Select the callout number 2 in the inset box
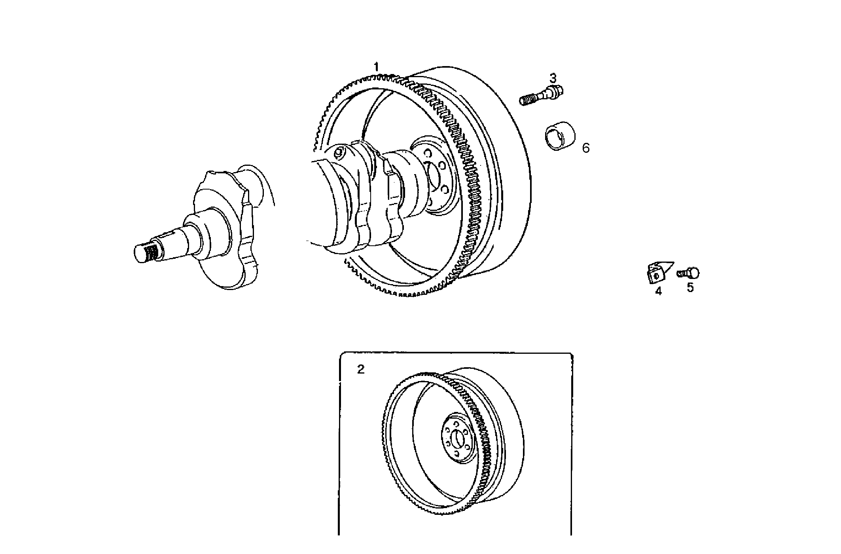click(360, 370)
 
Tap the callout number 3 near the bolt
click(553, 77)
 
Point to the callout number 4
click(658, 291)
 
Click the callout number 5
click(690, 288)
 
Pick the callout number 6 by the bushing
click(586, 148)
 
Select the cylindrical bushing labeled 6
click(559, 138)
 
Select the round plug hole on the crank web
click(339, 152)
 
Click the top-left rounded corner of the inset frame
click(341, 354)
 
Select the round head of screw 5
click(693, 273)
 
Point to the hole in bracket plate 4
click(656, 276)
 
